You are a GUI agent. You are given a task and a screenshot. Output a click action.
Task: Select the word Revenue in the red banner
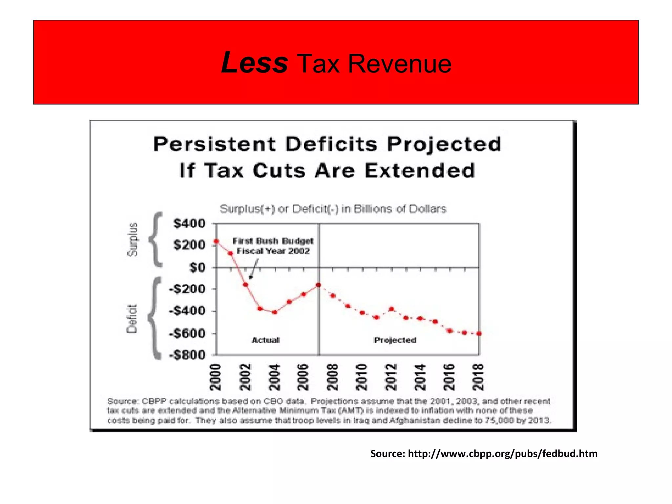click(x=399, y=64)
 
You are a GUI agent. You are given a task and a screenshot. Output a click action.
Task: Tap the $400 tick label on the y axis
click(x=189, y=223)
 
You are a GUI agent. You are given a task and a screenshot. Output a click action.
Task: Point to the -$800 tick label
click(x=187, y=355)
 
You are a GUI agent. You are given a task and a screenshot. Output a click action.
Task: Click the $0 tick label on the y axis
click(x=198, y=267)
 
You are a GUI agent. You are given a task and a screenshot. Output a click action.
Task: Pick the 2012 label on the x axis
click(x=391, y=377)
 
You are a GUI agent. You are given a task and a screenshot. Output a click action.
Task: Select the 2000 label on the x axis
click(x=216, y=377)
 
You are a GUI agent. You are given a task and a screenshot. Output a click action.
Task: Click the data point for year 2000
click(x=216, y=241)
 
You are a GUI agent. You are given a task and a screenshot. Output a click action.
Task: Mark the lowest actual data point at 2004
click(x=275, y=312)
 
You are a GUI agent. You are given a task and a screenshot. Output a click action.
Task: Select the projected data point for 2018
click(x=479, y=333)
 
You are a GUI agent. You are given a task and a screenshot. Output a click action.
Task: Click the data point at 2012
click(x=391, y=309)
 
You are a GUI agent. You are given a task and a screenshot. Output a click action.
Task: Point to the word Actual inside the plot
click(x=265, y=340)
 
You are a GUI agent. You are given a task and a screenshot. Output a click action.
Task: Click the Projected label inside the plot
click(x=395, y=340)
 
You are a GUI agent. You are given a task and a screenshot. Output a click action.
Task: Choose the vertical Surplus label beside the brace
click(x=133, y=239)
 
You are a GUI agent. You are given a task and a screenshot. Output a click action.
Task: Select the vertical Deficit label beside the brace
click(x=132, y=318)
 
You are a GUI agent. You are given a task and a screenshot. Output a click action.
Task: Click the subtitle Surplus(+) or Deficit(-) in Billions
click(x=333, y=209)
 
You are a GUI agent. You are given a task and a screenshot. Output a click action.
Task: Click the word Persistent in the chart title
click(x=215, y=144)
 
